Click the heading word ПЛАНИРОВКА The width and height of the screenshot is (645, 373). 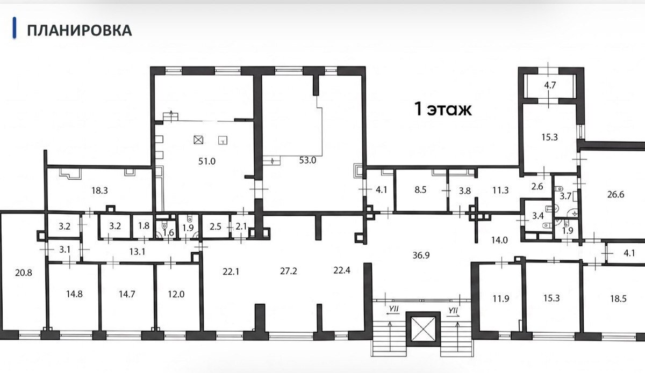click(x=80, y=31)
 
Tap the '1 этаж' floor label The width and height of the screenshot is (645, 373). click(x=443, y=109)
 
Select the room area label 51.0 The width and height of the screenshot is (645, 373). click(x=207, y=162)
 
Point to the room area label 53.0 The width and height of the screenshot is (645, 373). click(x=307, y=160)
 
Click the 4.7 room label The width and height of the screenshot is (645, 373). click(x=550, y=85)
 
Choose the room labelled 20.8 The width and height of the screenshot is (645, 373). click(x=24, y=272)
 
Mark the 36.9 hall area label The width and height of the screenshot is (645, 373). click(x=421, y=255)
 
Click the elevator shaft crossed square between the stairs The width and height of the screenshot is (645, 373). click(x=423, y=329)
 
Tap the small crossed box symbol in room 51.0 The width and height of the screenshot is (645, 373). click(x=198, y=140)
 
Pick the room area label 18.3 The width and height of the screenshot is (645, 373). click(x=99, y=191)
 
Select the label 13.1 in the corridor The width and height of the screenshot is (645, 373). click(x=137, y=252)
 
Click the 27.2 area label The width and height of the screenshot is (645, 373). click(x=289, y=271)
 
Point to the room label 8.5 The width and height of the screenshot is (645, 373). click(x=420, y=190)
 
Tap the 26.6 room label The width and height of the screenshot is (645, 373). click(x=615, y=194)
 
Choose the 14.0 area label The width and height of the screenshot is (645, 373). click(x=499, y=240)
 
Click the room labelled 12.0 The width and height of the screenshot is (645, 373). click(x=176, y=294)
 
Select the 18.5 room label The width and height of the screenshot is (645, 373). click(x=618, y=298)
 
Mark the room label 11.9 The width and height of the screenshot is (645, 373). click(x=501, y=298)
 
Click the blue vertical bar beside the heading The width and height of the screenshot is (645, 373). click(x=15, y=28)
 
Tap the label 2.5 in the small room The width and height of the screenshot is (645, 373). click(x=216, y=226)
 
